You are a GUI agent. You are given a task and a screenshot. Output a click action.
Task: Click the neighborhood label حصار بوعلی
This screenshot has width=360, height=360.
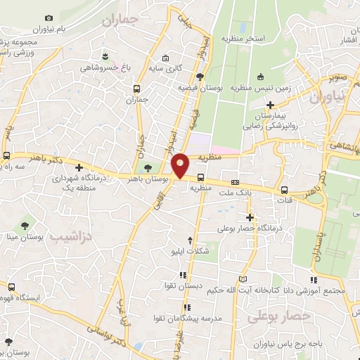[x=278, y=317]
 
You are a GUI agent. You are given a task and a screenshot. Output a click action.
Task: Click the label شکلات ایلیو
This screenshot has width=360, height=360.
[x=188, y=250]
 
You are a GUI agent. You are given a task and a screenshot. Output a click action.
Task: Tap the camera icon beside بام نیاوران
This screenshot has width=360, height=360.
[x=49, y=18]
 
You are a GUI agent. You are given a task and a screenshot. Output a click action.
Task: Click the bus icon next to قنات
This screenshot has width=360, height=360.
[x=285, y=190]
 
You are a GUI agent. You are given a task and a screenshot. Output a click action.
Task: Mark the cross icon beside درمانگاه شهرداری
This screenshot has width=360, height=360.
[x=79, y=167]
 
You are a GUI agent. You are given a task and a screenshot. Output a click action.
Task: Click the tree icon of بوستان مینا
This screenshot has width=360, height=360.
[x=25, y=226]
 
